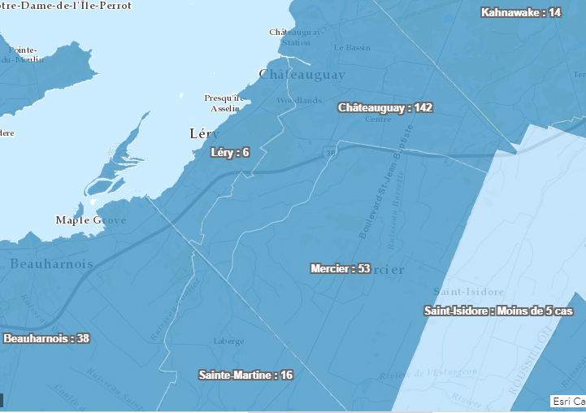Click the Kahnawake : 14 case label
point(521,12)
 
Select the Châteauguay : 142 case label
point(385,107)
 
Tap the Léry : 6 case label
point(229,152)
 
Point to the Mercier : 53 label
point(341,268)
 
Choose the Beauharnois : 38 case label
point(46,338)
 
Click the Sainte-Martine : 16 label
point(245,375)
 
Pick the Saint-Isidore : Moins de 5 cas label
point(498,311)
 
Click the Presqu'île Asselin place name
point(224,102)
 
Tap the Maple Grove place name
point(90,220)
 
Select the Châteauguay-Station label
point(296,37)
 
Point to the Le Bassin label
point(351,47)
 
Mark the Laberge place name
point(228,341)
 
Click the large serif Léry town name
point(204,133)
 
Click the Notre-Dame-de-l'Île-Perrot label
point(65,5)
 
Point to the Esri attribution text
point(567,401)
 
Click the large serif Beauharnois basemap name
point(52,264)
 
